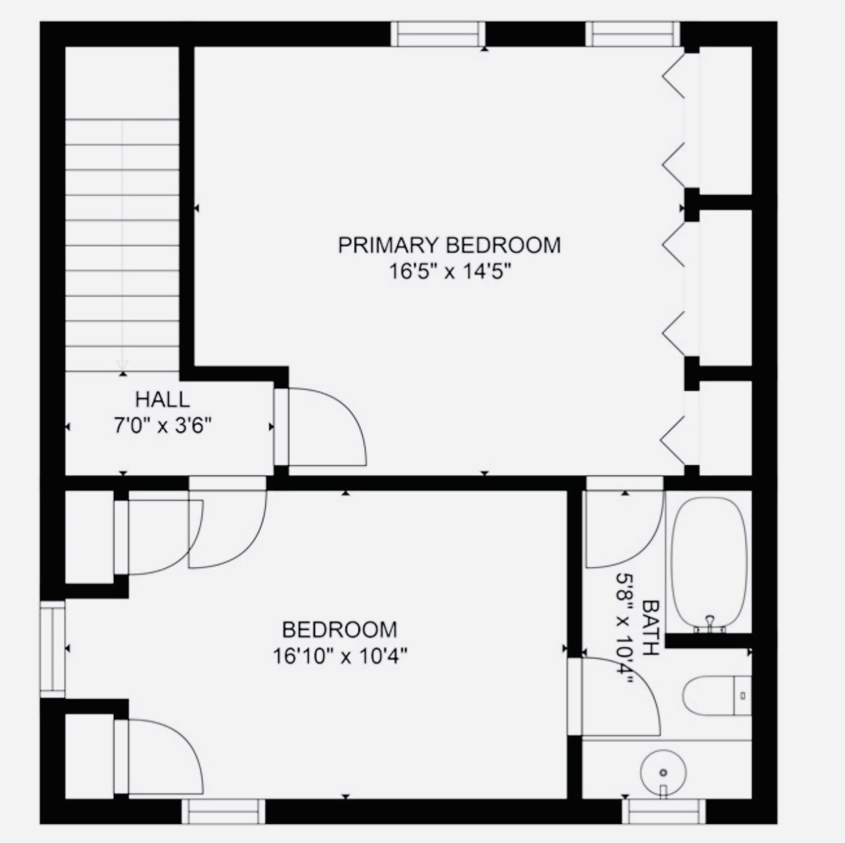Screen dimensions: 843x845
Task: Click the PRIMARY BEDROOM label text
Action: coord(449,245)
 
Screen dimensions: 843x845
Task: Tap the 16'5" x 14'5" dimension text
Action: coord(449,271)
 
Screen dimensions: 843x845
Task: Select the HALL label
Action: coord(162,399)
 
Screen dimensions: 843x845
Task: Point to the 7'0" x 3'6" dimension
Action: coord(162,427)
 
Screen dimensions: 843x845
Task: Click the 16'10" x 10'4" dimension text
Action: coord(340,656)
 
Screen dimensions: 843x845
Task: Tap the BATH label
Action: coord(650,628)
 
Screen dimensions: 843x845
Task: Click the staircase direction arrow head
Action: coord(122,365)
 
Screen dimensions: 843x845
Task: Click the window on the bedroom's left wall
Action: coord(52,648)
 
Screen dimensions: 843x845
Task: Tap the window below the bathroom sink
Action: coord(664,812)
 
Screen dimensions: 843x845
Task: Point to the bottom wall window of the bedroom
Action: coord(223,812)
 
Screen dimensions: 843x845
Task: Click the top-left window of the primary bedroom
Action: coord(438,34)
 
